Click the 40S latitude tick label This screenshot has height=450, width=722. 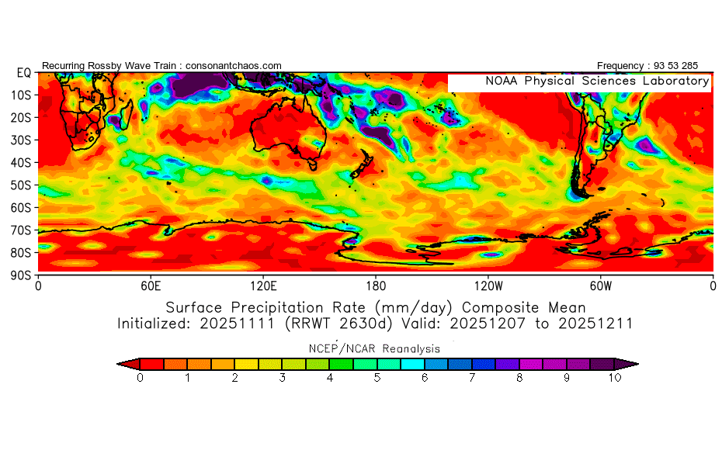tap(21, 163)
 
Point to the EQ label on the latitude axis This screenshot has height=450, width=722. tap(24, 73)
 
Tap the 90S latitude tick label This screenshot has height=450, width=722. tap(21, 275)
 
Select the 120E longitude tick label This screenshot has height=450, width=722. tap(263, 286)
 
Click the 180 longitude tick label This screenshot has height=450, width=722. tap(376, 286)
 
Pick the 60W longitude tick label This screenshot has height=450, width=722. tap(601, 286)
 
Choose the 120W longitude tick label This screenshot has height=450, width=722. tap(488, 286)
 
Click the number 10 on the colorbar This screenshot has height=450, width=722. tap(615, 378)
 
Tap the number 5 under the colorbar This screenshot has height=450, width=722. tap(377, 378)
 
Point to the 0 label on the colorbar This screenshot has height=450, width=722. tap(140, 378)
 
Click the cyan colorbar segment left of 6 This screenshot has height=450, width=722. tap(412, 365)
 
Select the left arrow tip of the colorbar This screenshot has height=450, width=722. tap(117, 365)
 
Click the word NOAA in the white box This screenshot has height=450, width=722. tap(502, 81)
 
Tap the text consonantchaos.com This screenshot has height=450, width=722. tap(234, 66)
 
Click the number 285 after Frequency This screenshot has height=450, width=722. tap(690, 66)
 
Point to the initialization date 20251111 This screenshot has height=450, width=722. tap(237, 324)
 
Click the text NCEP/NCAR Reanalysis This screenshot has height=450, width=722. tap(374, 349)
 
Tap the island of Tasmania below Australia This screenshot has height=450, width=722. tap(313, 164)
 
